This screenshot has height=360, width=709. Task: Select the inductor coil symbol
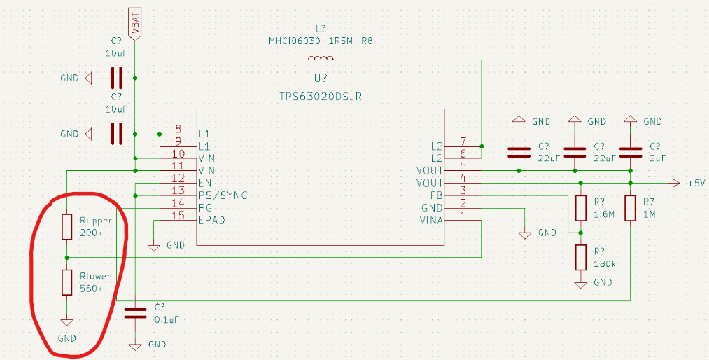click(321, 59)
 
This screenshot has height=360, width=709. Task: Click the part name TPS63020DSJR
click(320, 96)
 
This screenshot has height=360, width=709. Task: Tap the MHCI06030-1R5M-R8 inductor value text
click(321, 41)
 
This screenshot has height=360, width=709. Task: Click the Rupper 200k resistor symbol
click(66, 226)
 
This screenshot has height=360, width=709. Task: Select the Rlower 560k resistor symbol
click(66, 282)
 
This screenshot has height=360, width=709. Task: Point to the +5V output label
click(696, 184)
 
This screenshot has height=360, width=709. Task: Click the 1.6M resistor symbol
click(580, 208)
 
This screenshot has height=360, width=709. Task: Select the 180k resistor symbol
click(580, 258)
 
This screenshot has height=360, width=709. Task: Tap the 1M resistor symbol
click(631, 208)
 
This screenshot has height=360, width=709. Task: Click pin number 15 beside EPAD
click(178, 216)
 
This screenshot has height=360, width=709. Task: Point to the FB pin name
click(436, 195)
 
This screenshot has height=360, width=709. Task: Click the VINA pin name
click(430, 221)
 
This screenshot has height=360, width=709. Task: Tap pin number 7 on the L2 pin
click(463, 141)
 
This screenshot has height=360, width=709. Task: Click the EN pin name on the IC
click(205, 183)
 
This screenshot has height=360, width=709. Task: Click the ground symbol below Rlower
click(66, 322)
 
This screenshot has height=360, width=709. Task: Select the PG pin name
click(205, 208)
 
